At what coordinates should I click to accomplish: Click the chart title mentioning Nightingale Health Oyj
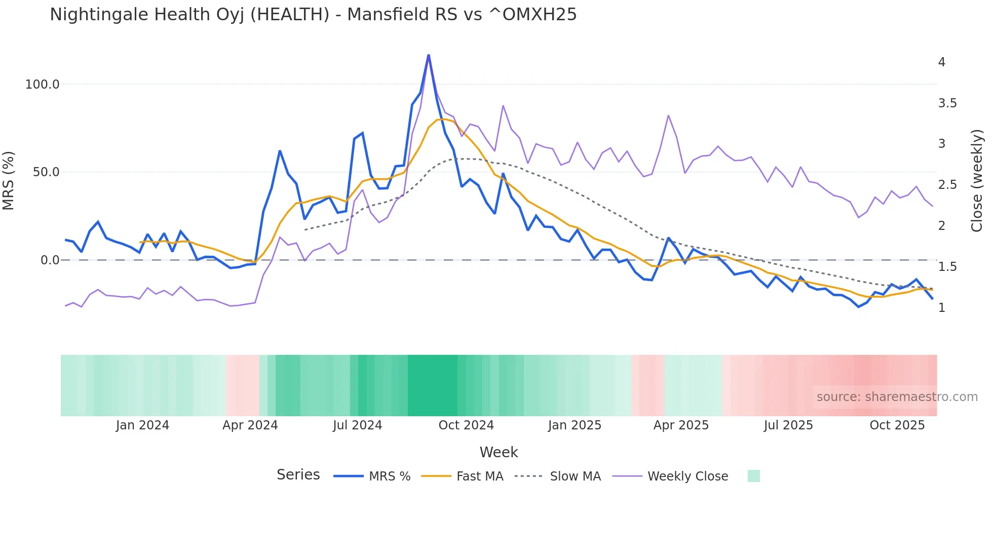[x=313, y=15]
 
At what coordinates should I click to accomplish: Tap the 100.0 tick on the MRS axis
[x=43, y=85]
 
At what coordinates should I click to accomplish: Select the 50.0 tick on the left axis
[x=46, y=172]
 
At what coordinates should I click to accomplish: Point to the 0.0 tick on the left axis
[x=50, y=260]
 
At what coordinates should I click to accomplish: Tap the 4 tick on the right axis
[x=941, y=62]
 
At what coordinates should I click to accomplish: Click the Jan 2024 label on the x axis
[x=142, y=425]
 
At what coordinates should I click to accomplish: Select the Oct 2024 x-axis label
[x=466, y=425]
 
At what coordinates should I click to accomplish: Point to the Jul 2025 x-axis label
[x=788, y=425]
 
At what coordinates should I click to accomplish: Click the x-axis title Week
[x=499, y=452]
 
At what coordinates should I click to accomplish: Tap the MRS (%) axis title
[x=9, y=180]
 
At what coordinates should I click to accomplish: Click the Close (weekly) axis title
[x=977, y=180]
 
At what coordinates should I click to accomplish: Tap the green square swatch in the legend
[x=753, y=476]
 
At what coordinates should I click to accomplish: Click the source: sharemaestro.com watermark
[x=897, y=397]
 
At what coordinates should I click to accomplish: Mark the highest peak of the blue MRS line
[x=429, y=55]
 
